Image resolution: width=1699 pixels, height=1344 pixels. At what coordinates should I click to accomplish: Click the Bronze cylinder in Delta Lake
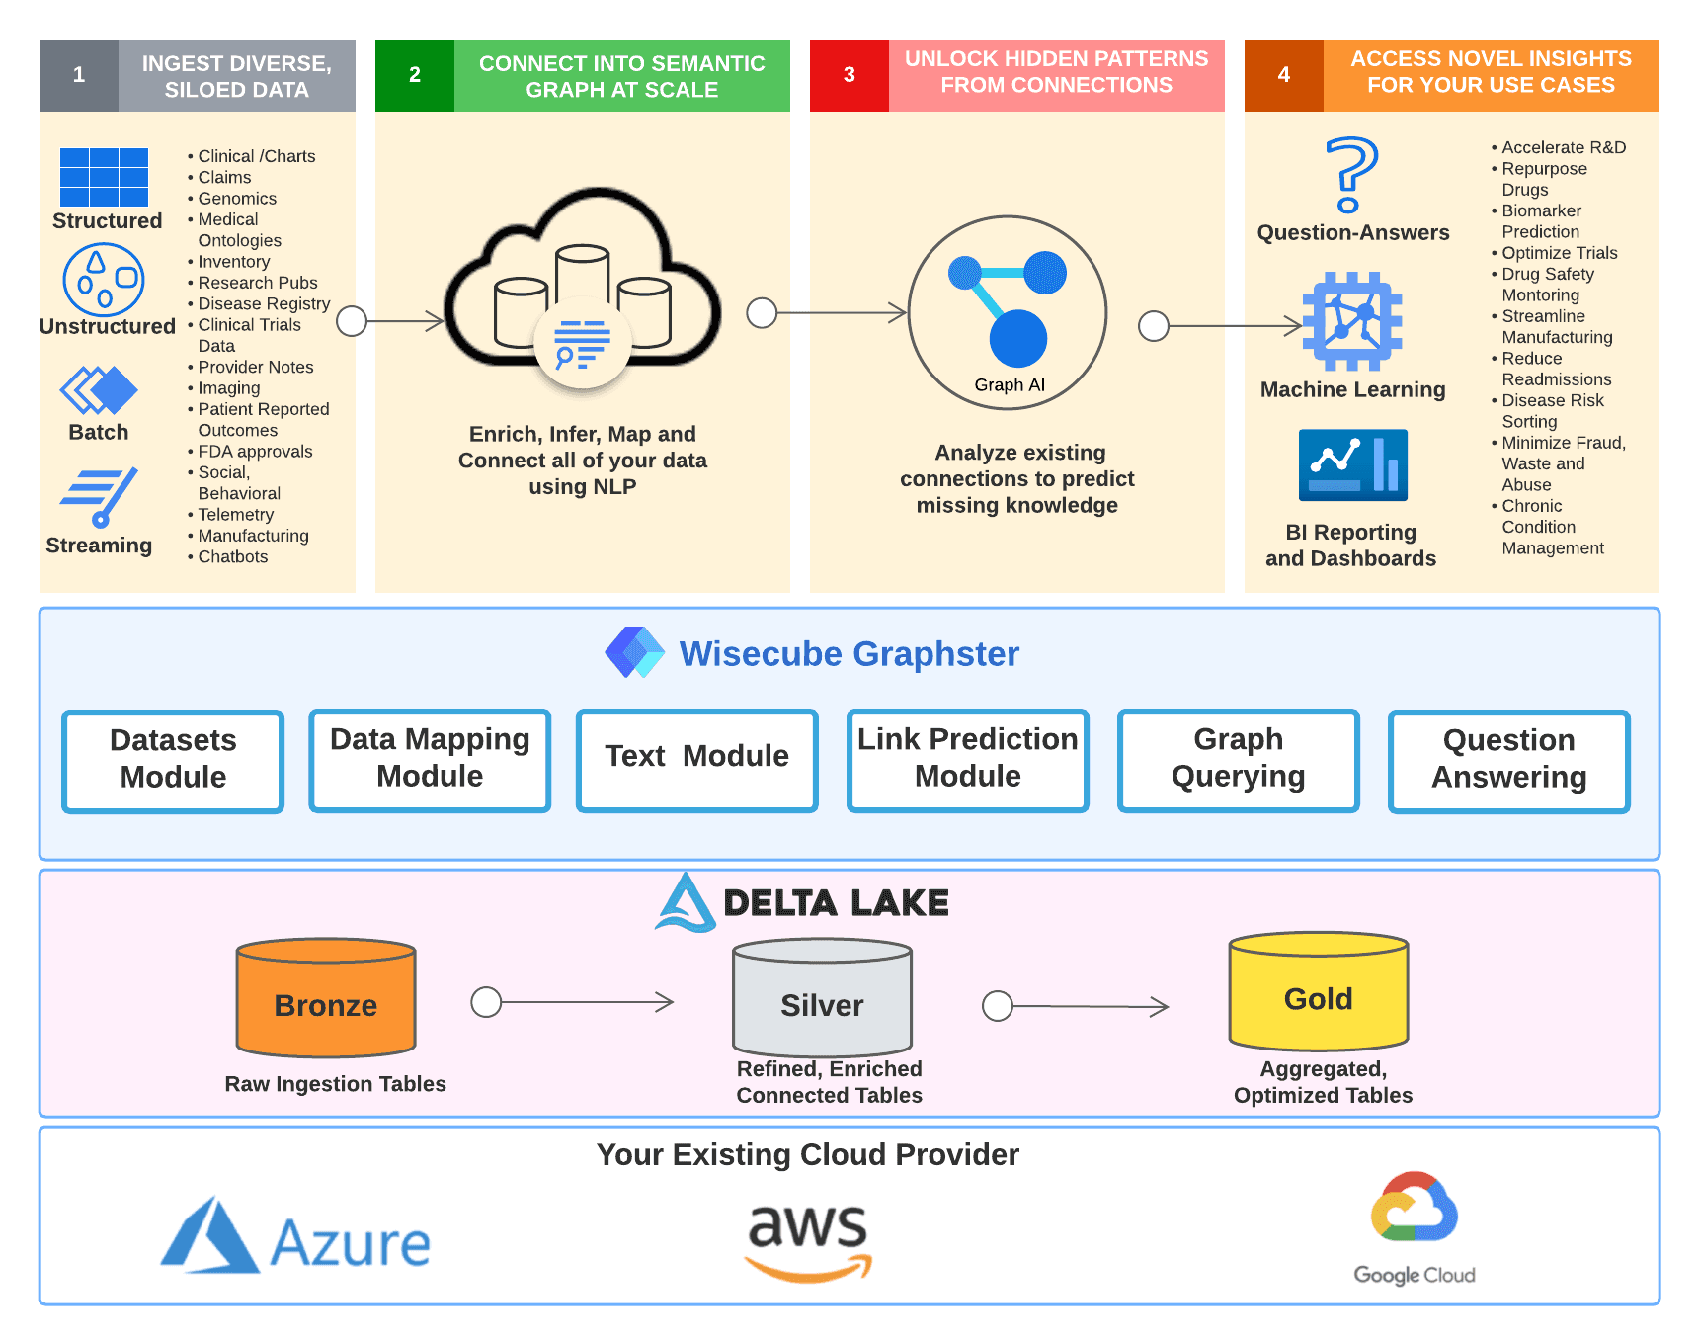pyautogui.click(x=326, y=998)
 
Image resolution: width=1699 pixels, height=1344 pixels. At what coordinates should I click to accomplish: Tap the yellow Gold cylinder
pyautogui.click(x=1319, y=992)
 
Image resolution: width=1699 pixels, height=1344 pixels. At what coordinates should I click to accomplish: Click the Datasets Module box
pyautogui.click(x=173, y=760)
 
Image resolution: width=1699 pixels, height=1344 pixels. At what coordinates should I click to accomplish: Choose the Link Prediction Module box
pyautogui.click(x=967, y=759)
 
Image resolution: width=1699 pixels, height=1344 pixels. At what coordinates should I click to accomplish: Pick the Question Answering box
pyautogui.click(x=1508, y=760)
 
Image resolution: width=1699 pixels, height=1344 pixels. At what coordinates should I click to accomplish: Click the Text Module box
pyautogui.click(x=696, y=759)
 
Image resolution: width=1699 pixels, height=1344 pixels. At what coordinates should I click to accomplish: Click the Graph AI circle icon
pyautogui.click(x=1008, y=311)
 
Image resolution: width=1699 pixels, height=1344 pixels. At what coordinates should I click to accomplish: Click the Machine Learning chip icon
pyautogui.click(x=1352, y=321)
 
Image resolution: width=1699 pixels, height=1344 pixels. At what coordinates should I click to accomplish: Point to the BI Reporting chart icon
pyautogui.click(x=1352, y=464)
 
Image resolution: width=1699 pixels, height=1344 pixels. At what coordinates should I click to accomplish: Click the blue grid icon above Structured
pyautogui.click(x=104, y=177)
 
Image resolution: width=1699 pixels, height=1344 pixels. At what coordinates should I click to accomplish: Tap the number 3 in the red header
pyautogui.click(x=849, y=75)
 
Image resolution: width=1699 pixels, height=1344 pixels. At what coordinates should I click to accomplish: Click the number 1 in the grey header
pyautogui.click(x=79, y=75)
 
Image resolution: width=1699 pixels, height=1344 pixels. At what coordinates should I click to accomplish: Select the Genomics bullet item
pyautogui.click(x=237, y=199)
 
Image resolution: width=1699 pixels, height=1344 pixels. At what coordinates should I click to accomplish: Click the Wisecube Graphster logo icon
pyautogui.click(x=634, y=652)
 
